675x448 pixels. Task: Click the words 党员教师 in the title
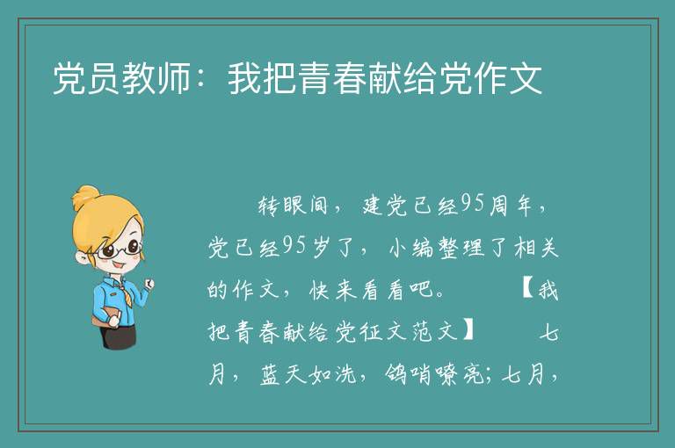click(x=121, y=78)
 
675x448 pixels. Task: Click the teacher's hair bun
click(x=85, y=198)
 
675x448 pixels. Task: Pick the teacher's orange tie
click(x=127, y=294)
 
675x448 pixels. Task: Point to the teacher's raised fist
click(x=149, y=283)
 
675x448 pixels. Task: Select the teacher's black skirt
click(x=120, y=336)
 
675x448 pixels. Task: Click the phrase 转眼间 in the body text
click(x=294, y=206)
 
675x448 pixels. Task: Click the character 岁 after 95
click(x=321, y=248)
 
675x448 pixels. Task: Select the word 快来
click(x=333, y=290)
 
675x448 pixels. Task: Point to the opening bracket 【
click(x=527, y=289)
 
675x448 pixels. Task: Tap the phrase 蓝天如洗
click(x=308, y=373)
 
